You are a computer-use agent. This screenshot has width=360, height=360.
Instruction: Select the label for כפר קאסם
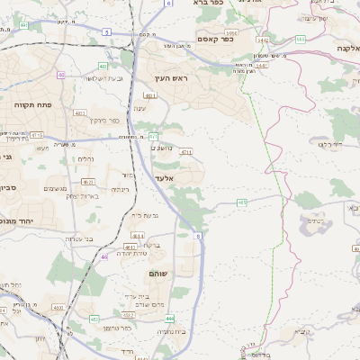[x=214, y=38]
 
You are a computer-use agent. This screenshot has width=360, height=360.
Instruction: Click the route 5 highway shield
[x=106, y=31]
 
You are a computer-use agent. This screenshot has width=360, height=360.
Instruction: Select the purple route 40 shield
[x=60, y=74]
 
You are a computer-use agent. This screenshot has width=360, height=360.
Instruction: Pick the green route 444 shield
[x=169, y=318]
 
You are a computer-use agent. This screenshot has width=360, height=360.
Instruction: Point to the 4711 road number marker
[x=186, y=152]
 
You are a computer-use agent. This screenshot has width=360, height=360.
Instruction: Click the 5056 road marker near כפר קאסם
[x=261, y=39]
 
